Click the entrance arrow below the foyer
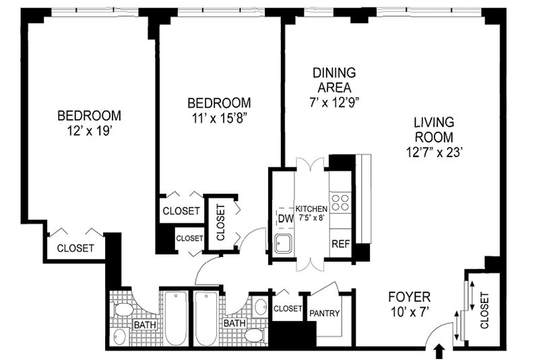pyautogui.click(x=440, y=354)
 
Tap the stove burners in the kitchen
pyautogui.click(x=340, y=203)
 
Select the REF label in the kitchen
pyautogui.click(x=341, y=244)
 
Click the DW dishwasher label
pyautogui.click(x=286, y=219)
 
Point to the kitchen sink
pyautogui.click(x=284, y=243)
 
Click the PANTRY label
pyautogui.click(x=325, y=313)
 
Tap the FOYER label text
pyautogui.click(x=409, y=296)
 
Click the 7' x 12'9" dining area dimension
pyautogui.click(x=334, y=103)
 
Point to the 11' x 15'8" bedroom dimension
pyautogui.click(x=219, y=118)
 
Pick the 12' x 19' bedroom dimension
pyautogui.click(x=90, y=131)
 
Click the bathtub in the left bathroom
pyautogui.click(x=176, y=318)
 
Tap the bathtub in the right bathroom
pyautogui.click(x=206, y=318)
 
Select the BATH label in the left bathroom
pyautogui.click(x=145, y=325)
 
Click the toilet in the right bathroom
pyautogui.click(x=255, y=335)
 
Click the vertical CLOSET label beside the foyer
pyautogui.click(x=484, y=310)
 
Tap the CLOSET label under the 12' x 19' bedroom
pyautogui.click(x=75, y=248)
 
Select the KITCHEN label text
pyautogui.click(x=311, y=208)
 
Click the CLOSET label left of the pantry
pyautogui.click(x=288, y=308)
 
